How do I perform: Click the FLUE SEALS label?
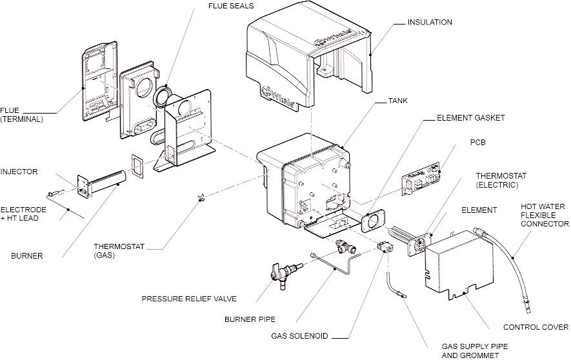pyautogui.click(x=231, y=6)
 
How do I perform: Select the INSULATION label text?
pyautogui.click(x=430, y=23)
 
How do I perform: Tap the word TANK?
pyautogui.click(x=397, y=101)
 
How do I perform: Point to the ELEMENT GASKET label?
pyautogui.click(x=470, y=119)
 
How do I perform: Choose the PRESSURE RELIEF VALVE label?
pyautogui.click(x=189, y=299)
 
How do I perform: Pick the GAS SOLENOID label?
pyautogui.click(x=299, y=336)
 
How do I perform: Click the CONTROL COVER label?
pyautogui.click(x=536, y=327)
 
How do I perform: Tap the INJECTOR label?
pyautogui.click(x=19, y=172)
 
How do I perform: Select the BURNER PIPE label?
pyautogui.click(x=250, y=319)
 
